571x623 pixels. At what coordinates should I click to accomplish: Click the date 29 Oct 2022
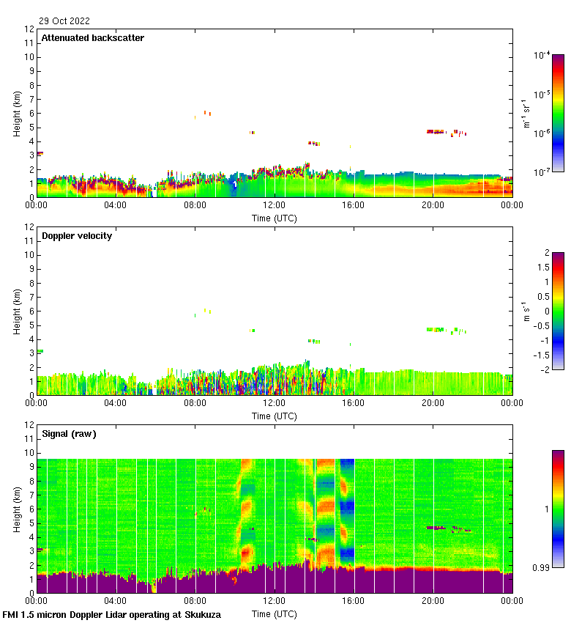64,21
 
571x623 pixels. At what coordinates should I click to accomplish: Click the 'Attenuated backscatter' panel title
93,38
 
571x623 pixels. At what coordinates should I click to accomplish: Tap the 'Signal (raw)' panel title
70,434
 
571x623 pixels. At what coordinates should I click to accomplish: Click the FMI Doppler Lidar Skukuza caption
112,615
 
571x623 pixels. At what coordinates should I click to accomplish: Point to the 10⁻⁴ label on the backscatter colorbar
542,55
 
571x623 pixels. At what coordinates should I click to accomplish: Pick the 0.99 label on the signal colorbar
540,567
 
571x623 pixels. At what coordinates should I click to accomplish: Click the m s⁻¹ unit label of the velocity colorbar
527,311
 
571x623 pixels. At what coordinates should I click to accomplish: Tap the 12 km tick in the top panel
30,29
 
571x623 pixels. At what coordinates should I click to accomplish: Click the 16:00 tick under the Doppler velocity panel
353,403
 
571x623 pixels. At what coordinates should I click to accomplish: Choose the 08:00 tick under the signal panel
195,601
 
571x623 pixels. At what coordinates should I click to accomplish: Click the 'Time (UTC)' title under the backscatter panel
274,218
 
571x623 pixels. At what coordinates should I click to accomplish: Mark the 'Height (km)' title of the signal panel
17,508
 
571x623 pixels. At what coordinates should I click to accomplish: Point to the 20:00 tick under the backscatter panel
432,205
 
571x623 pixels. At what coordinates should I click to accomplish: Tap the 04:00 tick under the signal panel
116,601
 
